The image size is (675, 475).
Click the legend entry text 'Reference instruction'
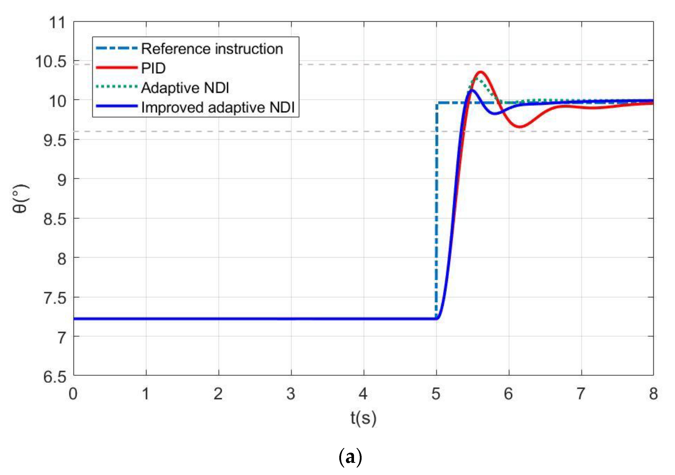click(x=212, y=49)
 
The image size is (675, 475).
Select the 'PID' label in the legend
click(x=153, y=68)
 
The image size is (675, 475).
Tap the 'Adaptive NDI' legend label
click(x=185, y=88)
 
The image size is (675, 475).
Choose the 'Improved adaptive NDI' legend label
click(x=218, y=107)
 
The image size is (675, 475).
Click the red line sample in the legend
click(x=117, y=68)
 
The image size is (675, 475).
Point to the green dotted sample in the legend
click(x=117, y=87)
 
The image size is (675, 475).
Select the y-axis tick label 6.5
click(x=55, y=376)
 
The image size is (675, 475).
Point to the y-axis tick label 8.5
click(x=55, y=219)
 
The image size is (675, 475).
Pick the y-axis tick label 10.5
click(x=50, y=62)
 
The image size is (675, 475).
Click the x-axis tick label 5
click(x=436, y=394)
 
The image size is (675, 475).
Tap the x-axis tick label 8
click(x=653, y=394)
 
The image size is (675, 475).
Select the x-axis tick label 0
click(x=73, y=394)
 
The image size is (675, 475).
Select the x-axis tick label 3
click(x=291, y=394)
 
